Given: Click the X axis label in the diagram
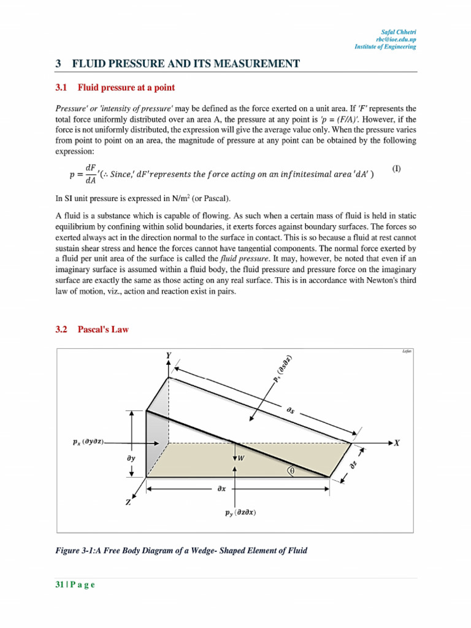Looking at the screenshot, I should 397,442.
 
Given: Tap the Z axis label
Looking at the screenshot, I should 128,502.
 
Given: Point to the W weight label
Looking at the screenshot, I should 241,458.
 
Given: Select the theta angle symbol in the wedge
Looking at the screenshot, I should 292,471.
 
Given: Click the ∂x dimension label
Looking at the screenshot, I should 221,489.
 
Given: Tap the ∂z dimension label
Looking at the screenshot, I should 353,465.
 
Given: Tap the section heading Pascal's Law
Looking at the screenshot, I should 103,329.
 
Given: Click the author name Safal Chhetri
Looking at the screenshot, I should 399,31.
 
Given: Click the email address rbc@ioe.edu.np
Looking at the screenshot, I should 397,39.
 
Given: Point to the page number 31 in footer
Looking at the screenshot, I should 59,584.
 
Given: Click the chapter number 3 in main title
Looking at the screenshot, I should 58,63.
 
